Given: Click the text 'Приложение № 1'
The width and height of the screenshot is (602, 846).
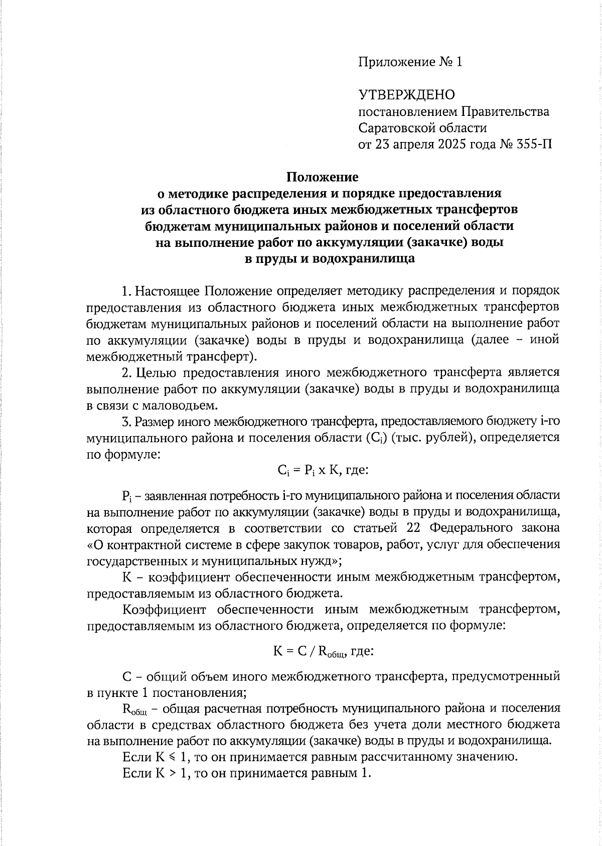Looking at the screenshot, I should point(409,62).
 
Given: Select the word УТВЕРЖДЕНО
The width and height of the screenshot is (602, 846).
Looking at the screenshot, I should point(406,95).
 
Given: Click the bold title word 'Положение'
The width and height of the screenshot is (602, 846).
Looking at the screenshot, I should point(322,177).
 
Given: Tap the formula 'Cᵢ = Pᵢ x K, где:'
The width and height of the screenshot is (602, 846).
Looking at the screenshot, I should point(323,471).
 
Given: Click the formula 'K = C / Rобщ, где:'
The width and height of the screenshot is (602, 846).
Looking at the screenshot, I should point(323,651).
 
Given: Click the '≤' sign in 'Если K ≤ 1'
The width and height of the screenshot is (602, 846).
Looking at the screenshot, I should point(171,757).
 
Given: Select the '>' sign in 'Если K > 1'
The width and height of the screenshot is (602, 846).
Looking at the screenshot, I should point(171,773).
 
